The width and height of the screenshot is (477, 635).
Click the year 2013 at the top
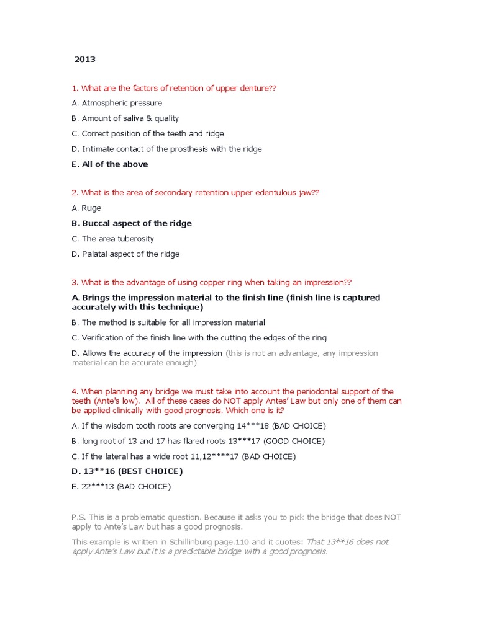click(85, 60)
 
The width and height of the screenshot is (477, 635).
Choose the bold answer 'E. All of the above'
click(110, 164)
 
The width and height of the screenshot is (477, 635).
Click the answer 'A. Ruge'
click(86, 208)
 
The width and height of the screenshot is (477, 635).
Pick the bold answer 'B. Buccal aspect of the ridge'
click(132, 223)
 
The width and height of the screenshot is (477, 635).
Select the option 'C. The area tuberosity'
click(112, 239)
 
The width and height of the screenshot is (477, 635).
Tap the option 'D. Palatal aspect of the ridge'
click(125, 254)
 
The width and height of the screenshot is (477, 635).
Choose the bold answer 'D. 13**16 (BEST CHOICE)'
click(127, 471)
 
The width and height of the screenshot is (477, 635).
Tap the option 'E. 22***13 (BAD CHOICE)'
click(121, 487)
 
